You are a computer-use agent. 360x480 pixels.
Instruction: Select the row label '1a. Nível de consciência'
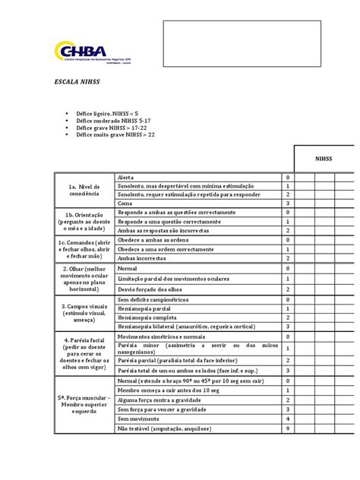pyautogui.click(x=84, y=190)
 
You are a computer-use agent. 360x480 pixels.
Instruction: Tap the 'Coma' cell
pyautogui.click(x=126, y=204)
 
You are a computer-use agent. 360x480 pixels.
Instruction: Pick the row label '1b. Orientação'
pyautogui.click(x=84, y=221)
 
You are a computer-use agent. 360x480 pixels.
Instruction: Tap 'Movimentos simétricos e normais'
pyautogui.click(x=163, y=336)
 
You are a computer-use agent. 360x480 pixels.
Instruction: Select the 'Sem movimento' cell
pyautogui.click(x=138, y=418)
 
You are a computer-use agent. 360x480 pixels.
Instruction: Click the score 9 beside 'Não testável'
pyautogui.click(x=288, y=428)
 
